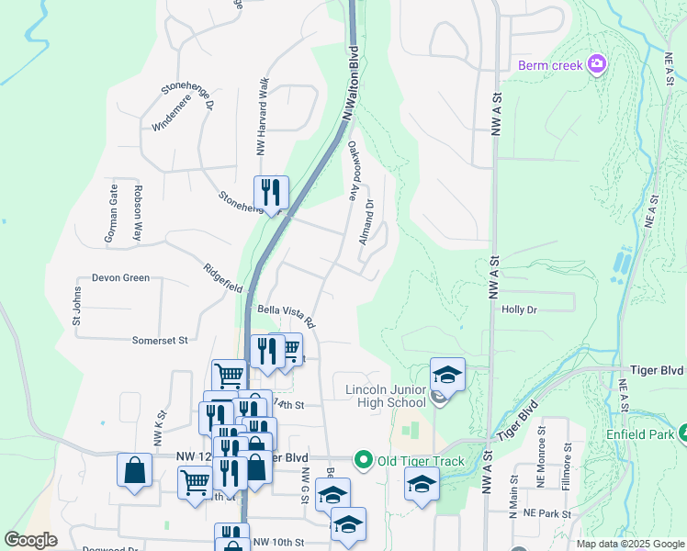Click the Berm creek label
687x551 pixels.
(x=549, y=65)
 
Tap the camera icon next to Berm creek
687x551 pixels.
(x=598, y=63)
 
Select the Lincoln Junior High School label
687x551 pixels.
(x=386, y=395)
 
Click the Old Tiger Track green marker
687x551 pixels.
(x=364, y=459)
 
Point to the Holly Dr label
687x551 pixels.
(x=519, y=309)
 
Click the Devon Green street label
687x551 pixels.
(x=120, y=277)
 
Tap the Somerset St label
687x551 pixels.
(x=159, y=340)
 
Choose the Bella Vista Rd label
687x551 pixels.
(x=287, y=317)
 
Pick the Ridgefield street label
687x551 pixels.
(x=223, y=278)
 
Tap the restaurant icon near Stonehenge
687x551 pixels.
(x=271, y=192)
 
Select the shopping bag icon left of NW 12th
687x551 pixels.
(x=134, y=470)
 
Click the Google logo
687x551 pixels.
(x=30, y=541)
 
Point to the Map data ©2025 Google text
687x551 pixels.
(x=629, y=544)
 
